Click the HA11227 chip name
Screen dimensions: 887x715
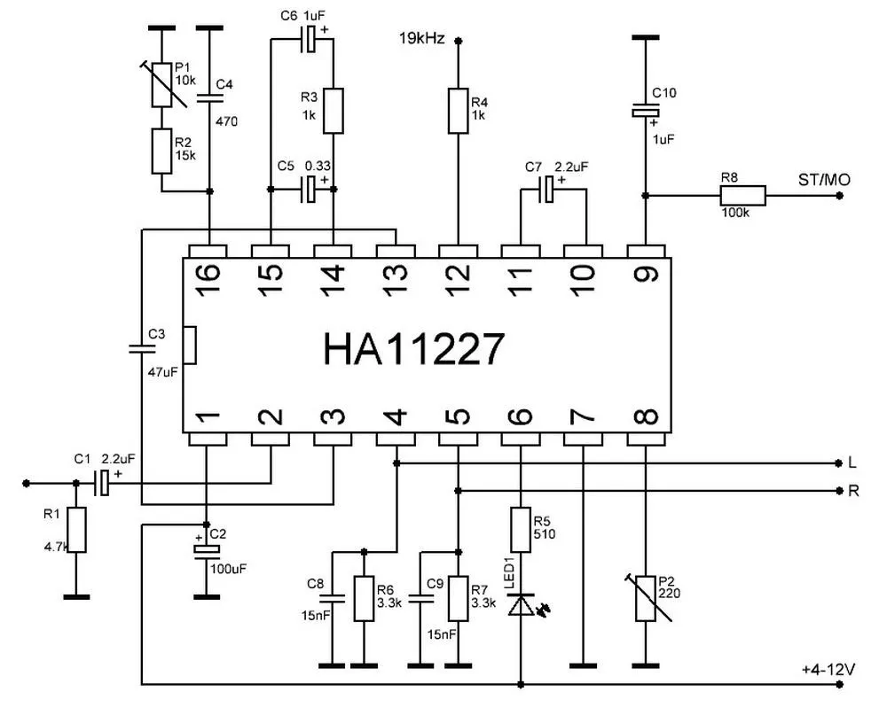coord(413,349)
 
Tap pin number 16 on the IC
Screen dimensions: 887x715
coord(208,273)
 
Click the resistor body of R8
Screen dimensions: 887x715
coord(742,196)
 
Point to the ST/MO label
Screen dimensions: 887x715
coord(824,180)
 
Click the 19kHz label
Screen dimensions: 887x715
coord(422,39)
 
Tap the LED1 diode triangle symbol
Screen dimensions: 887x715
coord(521,604)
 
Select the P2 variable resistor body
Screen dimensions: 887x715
coord(646,598)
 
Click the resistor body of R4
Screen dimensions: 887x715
coord(459,111)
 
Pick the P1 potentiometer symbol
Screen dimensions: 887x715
coord(161,85)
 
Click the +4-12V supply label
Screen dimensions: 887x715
coord(828,670)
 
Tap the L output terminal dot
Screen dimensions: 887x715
coord(838,463)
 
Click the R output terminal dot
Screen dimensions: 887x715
coord(838,491)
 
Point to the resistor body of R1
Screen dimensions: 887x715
coord(76,530)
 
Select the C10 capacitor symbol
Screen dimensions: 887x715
coord(646,112)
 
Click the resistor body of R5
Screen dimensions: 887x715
coord(521,530)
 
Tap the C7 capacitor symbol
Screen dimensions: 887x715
coord(547,190)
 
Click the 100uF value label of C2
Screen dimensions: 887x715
coord(229,569)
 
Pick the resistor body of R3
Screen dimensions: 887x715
coord(334,111)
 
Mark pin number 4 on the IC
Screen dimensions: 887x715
coord(396,417)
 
